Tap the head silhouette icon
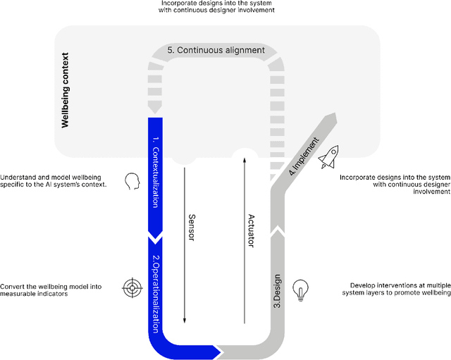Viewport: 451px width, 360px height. point(132,182)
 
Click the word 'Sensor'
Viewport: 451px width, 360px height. point(191,223)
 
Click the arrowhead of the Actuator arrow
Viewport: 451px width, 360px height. point(245,161)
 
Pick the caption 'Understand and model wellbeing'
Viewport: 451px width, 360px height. point(54,181)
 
